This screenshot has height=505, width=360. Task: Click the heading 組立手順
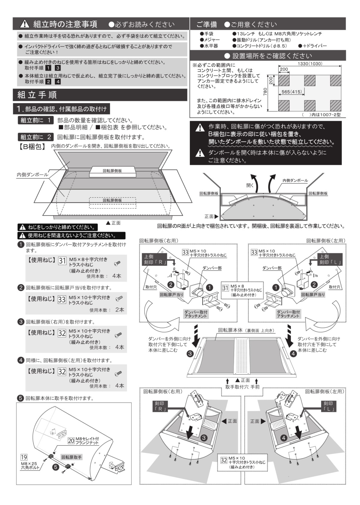[x=37, y=95]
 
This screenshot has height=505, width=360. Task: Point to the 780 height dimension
[x=265, y=90]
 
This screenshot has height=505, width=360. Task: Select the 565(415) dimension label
[x=292, y=92]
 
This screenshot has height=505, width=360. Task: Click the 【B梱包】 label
[x=32, y=147]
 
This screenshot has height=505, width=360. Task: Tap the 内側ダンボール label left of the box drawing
[x=32, y=175]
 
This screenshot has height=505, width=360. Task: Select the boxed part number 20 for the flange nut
[x=71, y=441]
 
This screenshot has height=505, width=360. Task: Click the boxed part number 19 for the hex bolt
[x=24, y=457]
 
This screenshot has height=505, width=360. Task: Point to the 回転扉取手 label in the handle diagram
[x=71, y=457]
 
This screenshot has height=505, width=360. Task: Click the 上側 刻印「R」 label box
[x=154, y=259]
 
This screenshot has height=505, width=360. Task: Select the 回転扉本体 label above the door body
[x=230, y=330]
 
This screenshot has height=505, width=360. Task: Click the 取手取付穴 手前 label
[x=242, y=387]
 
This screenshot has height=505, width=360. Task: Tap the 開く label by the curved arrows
[x=250, y=185]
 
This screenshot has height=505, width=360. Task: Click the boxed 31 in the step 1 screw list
[x=62, y=261]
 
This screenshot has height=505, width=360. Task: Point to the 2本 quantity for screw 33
[x=119, y=310]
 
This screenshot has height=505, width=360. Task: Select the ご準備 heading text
[x=207, y=24]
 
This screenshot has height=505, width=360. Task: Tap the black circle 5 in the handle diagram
[x=55, y=467]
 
